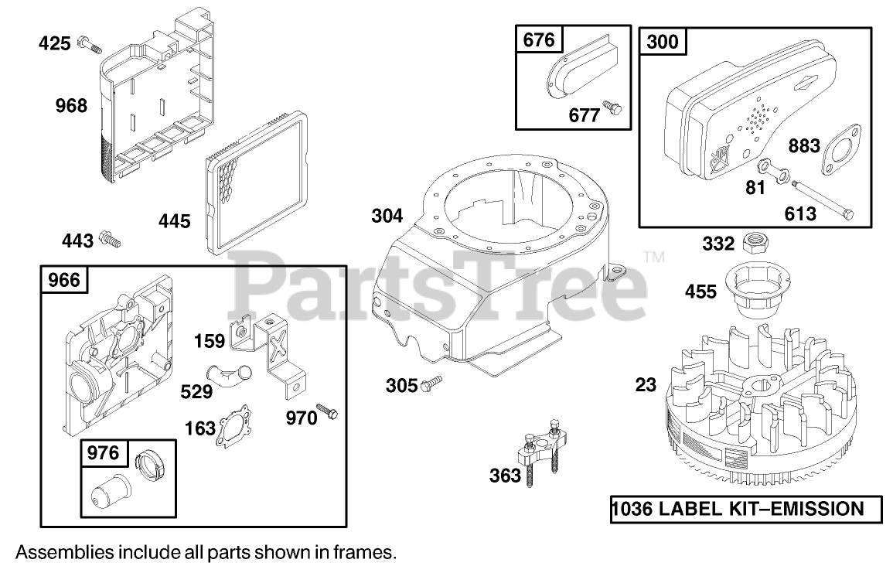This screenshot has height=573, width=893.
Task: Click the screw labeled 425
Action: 89,45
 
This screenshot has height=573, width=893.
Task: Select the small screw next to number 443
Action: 111,241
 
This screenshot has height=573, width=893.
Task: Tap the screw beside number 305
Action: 433,383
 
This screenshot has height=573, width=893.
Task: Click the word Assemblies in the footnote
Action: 64,553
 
